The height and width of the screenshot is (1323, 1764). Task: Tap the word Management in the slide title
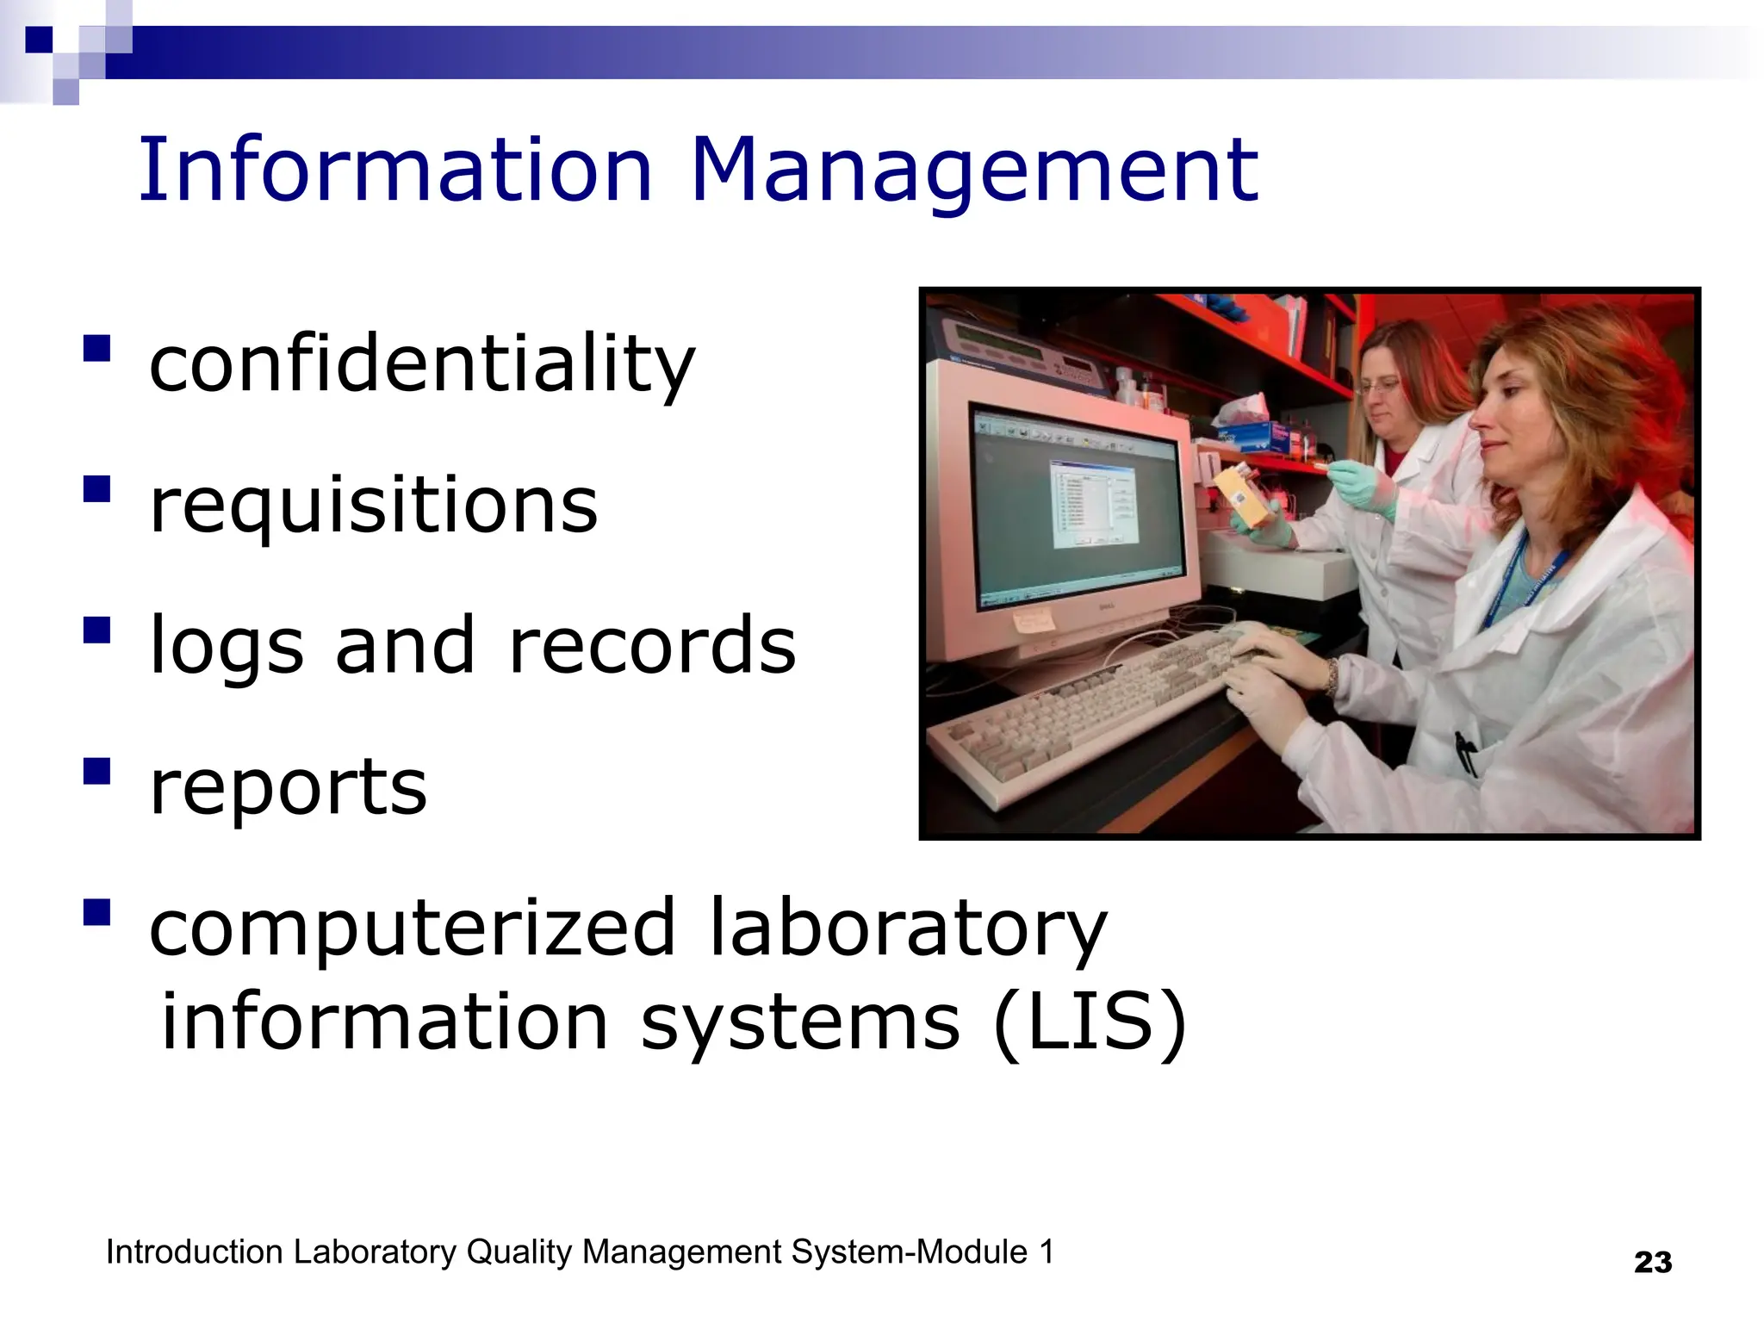click(x=974, y=172)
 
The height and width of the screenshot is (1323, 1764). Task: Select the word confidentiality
click(x=421, y=365)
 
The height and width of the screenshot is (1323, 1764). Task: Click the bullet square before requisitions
click(x=97, y=489)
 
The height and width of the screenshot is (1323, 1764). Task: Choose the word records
click(x=652, y=646)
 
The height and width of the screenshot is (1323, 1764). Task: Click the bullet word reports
click(x=288, y=787)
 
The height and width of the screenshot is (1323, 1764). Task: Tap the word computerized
click(x=413, y=928)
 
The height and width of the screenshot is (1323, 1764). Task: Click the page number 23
click(x=1652, y=1263)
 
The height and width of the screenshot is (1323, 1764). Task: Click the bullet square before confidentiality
click(x=97, y=348)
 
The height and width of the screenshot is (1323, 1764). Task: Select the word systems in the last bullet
click(x=799, y=1023)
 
